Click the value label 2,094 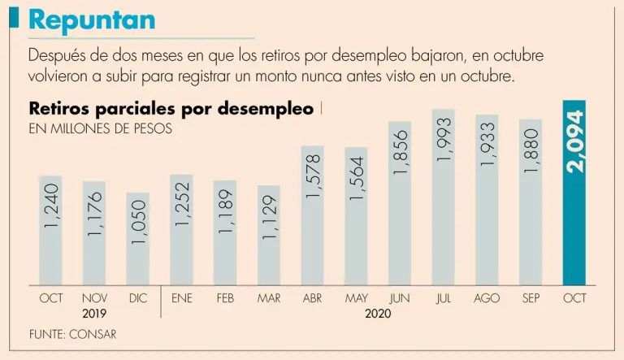[x=575, y=142]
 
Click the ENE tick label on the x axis [x=182, y=298]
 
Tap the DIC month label [x=138, y=298]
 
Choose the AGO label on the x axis [x=487, y=298]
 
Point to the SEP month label [x=531, y=298]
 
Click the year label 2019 [x=95, y=313]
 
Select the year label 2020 [x=378, y=313]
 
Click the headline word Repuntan [x=91, y=20]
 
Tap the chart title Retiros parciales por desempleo [x=171, y=109]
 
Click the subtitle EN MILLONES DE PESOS [x=100, y=128]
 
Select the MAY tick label [x=357, y=298]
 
